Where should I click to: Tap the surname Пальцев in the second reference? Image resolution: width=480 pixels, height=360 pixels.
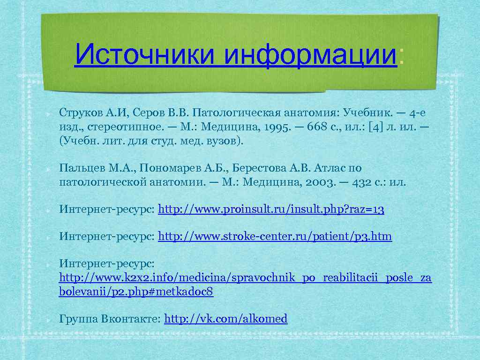[78, 168]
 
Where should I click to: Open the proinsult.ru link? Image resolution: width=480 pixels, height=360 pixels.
[271, 210]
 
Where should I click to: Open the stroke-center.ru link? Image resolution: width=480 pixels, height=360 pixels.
[275, 237]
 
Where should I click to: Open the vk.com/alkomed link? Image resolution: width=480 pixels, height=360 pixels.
[226, 319]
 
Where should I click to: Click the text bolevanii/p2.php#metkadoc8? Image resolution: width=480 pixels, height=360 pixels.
[136, 292]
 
